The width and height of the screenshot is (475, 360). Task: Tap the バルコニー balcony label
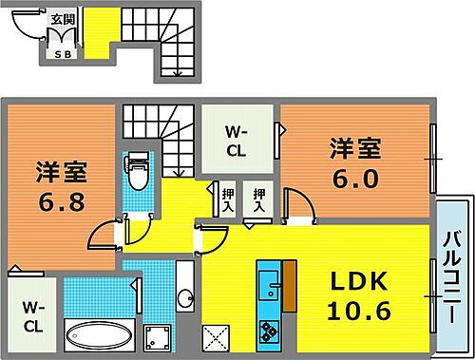[454, 275]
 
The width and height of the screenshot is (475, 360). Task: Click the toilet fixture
[138, 173]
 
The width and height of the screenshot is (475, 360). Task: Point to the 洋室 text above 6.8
[62, 172]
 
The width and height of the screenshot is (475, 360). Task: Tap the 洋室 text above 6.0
[356, 149]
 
